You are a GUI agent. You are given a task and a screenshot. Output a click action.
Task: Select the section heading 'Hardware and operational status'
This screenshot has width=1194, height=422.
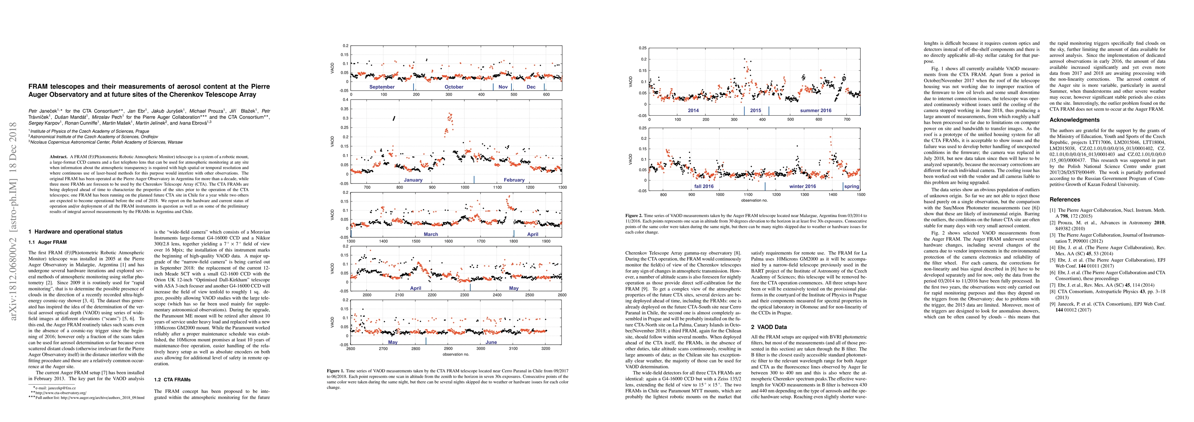pos(78,232)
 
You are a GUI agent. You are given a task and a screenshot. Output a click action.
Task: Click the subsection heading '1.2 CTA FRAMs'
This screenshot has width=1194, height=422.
pos(172,380)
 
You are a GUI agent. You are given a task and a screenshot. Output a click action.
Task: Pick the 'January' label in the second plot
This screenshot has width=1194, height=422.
pos(413,180)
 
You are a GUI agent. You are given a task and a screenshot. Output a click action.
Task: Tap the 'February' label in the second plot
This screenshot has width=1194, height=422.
pos(514,180)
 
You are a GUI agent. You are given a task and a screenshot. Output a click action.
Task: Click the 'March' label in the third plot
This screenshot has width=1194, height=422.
pos(431,235)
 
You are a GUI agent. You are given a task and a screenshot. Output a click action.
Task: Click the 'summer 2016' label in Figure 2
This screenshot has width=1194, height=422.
pos(816,111)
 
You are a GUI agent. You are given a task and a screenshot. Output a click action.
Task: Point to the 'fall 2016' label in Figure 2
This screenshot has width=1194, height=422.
pos(704,187)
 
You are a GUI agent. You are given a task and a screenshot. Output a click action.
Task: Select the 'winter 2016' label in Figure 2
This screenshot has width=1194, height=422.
pos(802,187)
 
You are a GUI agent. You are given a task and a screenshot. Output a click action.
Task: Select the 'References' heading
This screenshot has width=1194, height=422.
pos(1065,200)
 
